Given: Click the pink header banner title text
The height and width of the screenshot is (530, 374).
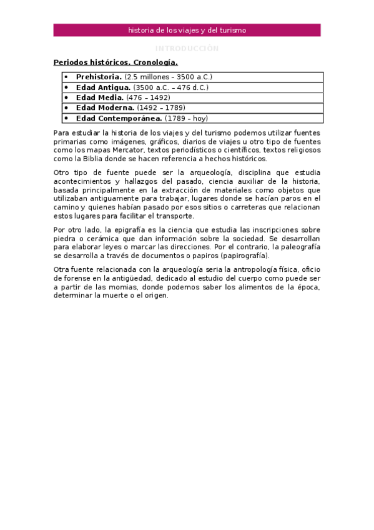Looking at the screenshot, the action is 187,30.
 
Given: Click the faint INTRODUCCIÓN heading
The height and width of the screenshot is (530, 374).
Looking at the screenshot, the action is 187,48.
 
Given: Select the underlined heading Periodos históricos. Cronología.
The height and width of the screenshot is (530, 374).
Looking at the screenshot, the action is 116,62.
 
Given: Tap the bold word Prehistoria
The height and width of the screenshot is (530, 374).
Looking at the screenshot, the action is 99,77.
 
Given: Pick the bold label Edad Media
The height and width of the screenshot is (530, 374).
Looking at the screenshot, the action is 99,97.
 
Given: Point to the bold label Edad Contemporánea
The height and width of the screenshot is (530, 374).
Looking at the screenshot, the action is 119,118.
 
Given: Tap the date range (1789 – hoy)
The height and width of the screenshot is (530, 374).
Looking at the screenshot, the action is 187,118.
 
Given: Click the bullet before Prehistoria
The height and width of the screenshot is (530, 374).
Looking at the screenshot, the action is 66,77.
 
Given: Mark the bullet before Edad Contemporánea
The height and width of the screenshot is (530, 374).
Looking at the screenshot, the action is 66,118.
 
